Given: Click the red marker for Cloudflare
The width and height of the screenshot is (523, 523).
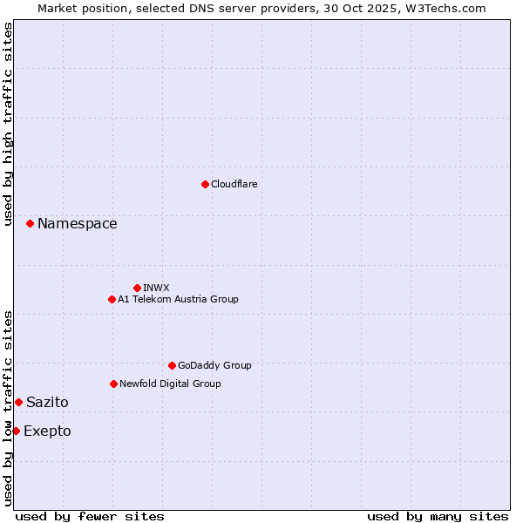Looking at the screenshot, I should pyautogui.click(x=205, y=184).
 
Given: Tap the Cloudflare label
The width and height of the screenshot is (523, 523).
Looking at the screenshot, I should pyautogui.click(x=234, y=185).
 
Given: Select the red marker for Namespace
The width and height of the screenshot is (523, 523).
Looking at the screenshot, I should pyautogui.click(x=30, y=224).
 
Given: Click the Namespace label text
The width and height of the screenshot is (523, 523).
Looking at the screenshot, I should pyautogui.click(x=77, y=224).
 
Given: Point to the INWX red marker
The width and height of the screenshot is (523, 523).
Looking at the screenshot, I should pyautogui.click(x=137, y=288).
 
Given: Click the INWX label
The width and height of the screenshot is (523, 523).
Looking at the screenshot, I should pyautogui.click(x=157, y=288).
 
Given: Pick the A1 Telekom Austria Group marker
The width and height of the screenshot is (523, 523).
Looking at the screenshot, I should pyautogui.click(x=112, y=299).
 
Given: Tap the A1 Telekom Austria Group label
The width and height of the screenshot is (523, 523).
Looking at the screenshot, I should pyautogui.click(x=178, y=300).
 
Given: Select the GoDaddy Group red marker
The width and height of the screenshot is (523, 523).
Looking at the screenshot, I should pyautogui.click(x=172, y=365).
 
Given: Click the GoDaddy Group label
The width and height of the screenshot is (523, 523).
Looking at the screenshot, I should pyautogui.click(x=214, y=366).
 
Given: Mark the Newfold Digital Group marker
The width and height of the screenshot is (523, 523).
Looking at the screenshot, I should pyautogui.click(x=113, y=384).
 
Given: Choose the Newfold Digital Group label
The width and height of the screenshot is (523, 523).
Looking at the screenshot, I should pyautogui.click(x=170, y=384).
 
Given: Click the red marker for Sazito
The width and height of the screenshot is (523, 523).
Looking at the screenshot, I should pyautogui.click(x=18, y=402).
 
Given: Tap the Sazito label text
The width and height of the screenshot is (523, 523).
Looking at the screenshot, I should pyautogui.click(x=47, y=403).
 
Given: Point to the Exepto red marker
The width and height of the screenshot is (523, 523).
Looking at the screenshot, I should pyautogui.click(x=16, y=431).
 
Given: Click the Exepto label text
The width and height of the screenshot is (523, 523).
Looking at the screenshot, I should pyautogui.click(x=47, y=431).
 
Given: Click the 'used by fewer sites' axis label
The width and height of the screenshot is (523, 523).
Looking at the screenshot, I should pyautogui.click(x=90, y=516).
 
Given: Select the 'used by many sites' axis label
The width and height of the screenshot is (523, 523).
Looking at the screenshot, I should pyautogui.click(x=438, y=516).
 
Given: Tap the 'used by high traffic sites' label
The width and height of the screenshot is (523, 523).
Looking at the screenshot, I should pyautogui.click(x=9, y=124).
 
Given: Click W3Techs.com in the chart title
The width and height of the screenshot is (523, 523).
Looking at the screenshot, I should pyautogui.click(x=444, y=8).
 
